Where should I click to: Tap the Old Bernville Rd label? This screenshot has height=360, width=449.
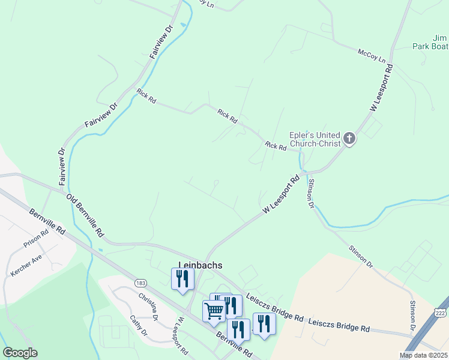(85, 214)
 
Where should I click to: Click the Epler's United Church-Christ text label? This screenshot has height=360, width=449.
(315, 139)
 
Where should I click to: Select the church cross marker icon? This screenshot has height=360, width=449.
(349, 140)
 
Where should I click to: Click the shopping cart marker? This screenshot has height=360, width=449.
(214, 310)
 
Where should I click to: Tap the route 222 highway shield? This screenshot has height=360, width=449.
(439, 313)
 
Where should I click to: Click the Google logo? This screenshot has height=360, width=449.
(20, 353)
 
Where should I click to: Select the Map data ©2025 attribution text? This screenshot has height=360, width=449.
(423, 355)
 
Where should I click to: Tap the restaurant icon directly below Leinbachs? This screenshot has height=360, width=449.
(183, 278)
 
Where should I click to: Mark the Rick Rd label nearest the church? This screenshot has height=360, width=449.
(276, 146)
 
